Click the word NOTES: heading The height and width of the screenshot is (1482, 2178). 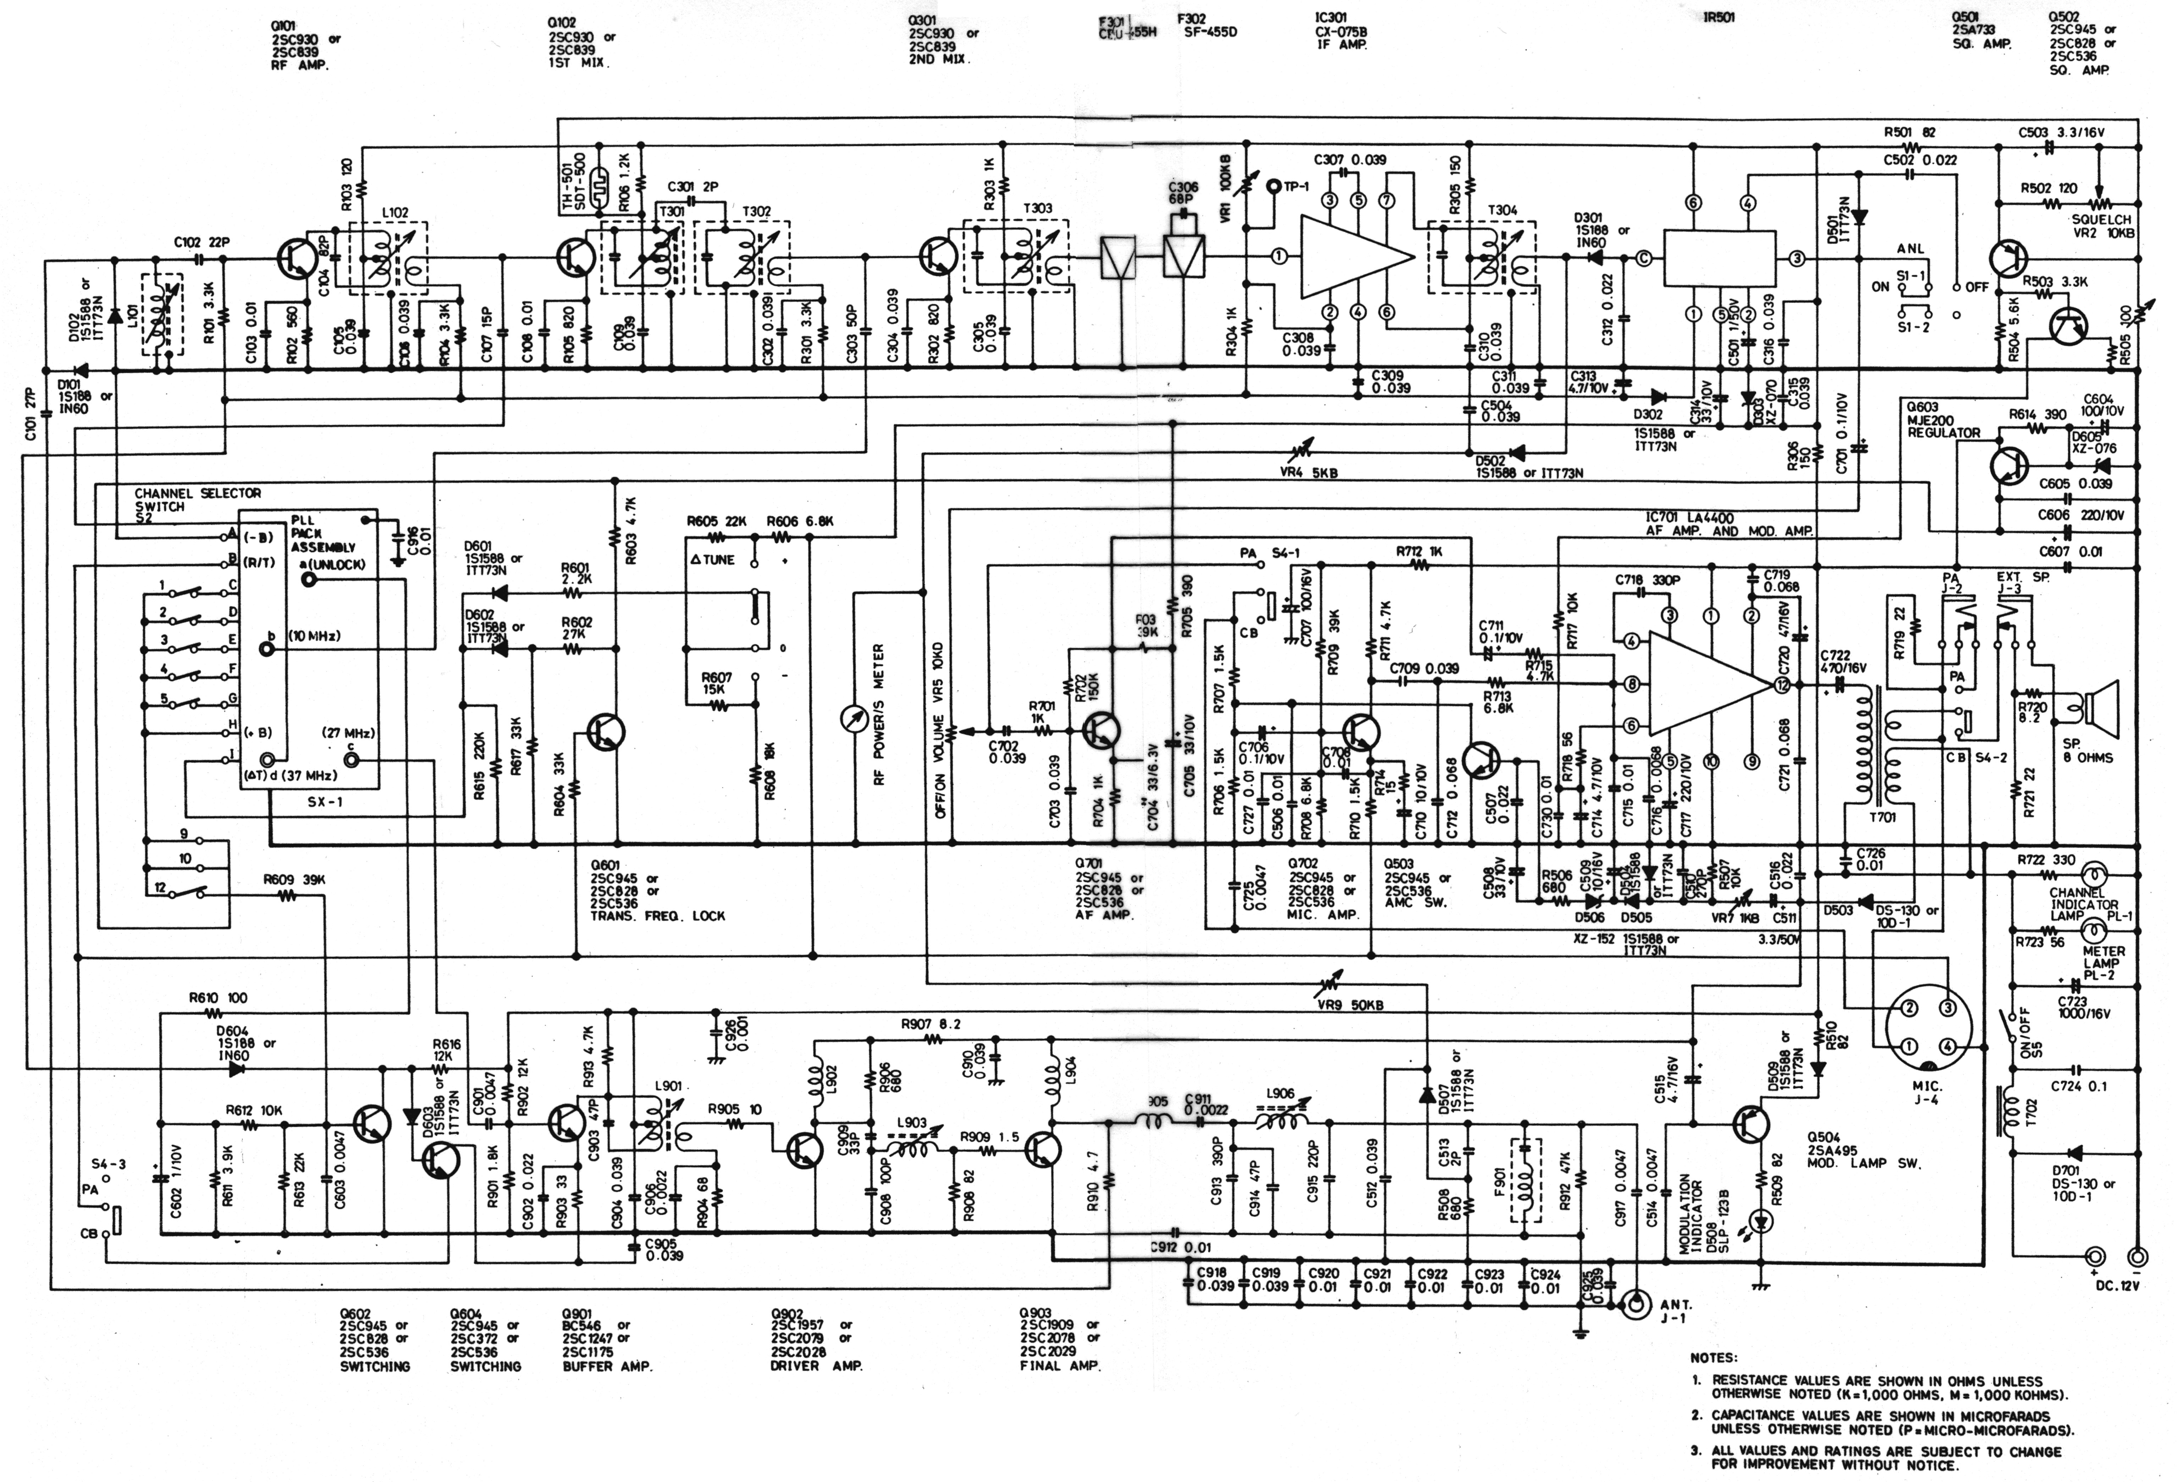[1713, 1357]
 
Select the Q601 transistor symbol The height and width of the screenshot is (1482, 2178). [607, 731]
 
